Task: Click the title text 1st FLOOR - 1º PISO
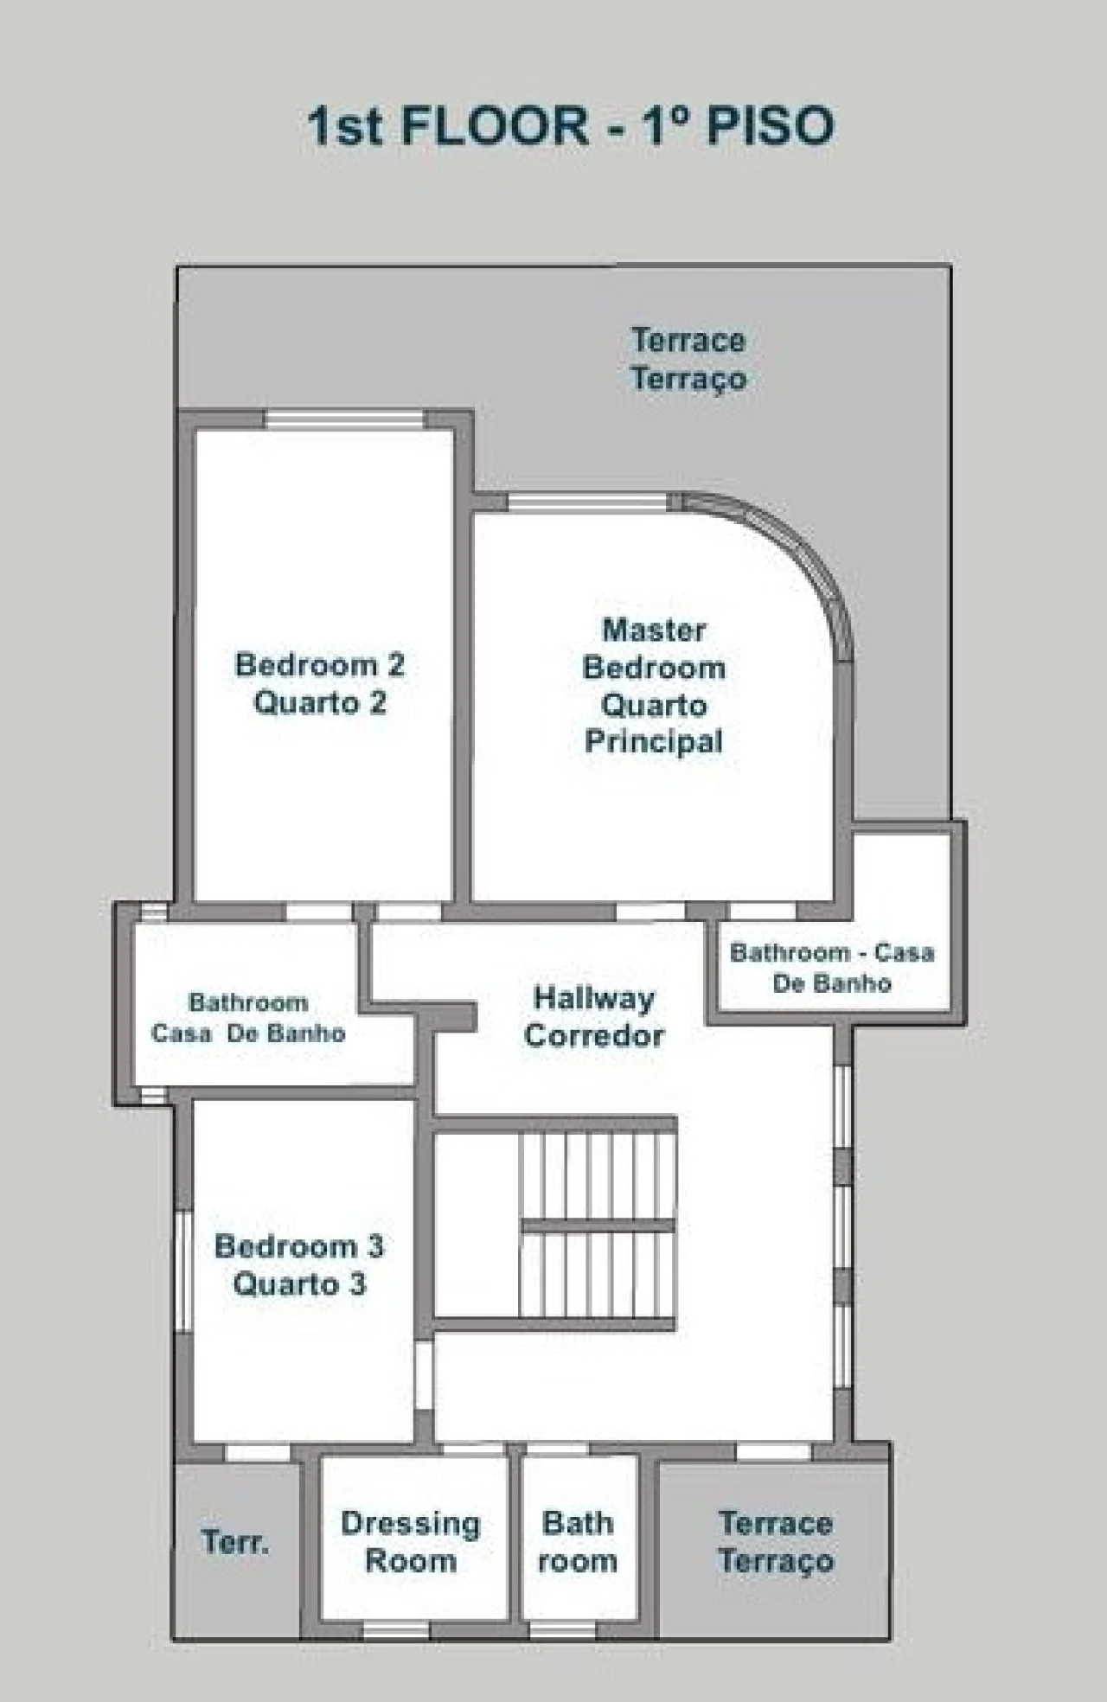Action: (x=571, y=126)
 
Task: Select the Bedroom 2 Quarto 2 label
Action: (x=320, y=683)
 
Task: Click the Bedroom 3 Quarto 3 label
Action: (x=299, y=1264)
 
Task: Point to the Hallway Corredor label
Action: (x=594, y=1017)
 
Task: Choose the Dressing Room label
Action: (x=411, y=1542)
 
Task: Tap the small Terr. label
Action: (x=235, y=1542)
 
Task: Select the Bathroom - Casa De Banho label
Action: (x=832, y=968)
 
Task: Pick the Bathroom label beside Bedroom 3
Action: (x=248, y=1018)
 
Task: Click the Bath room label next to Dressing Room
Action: (x=578, y=1542)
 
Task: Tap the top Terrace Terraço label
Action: (x=688, y=359)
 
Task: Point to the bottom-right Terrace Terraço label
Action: (x=776, y=1542)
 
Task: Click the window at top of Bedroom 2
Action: (x=344, y=420)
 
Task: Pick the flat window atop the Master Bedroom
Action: (x=587, y=502)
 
